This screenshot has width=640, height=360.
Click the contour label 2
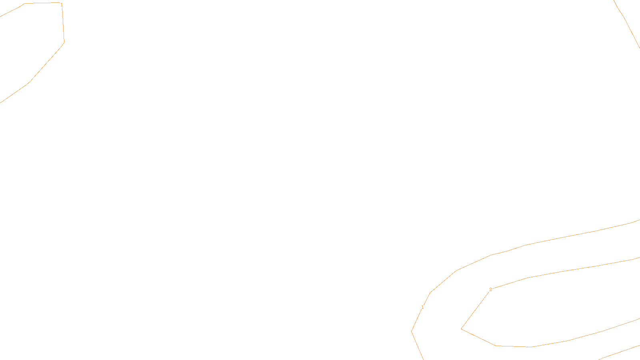point(490,290)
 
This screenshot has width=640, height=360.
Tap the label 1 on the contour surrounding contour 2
point(422,307)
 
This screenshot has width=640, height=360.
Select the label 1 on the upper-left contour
point(62,5)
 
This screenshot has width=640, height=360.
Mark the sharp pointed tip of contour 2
point(462,329)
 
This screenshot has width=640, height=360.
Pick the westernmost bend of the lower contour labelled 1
point(412,331)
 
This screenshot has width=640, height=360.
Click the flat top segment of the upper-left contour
point(42,3)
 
